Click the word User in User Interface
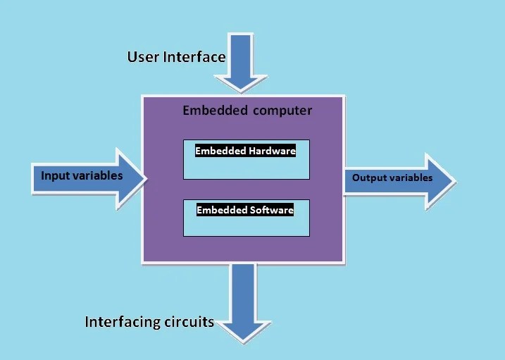pos(143,57)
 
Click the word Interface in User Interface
pos(193,57)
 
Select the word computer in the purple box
pos(280,111)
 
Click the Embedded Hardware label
pos(245,150)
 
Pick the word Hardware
pos(273,150)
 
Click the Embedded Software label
pos(244,210)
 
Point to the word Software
pos(271,210)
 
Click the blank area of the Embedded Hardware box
pos(246,168)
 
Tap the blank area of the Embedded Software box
pos(246,226)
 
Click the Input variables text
pos(82,175)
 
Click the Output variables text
pos(392,178)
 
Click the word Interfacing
pos(123,323)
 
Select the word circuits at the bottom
pos(189,323)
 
